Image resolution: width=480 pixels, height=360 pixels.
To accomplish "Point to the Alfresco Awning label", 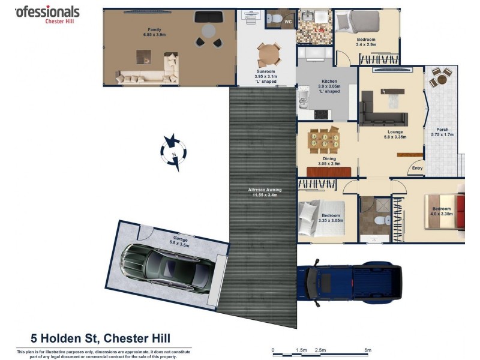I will (265, 193).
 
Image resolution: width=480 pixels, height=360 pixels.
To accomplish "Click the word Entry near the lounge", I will (417, 168).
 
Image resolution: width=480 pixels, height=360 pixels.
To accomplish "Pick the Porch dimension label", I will (442, 132).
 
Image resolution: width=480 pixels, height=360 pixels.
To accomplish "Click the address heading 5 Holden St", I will (105, 338).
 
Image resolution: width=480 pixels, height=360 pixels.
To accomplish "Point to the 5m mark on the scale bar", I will (367, 350).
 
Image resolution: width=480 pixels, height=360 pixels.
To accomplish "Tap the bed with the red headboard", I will (445, 211).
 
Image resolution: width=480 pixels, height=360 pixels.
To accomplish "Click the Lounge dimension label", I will (395, 134).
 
